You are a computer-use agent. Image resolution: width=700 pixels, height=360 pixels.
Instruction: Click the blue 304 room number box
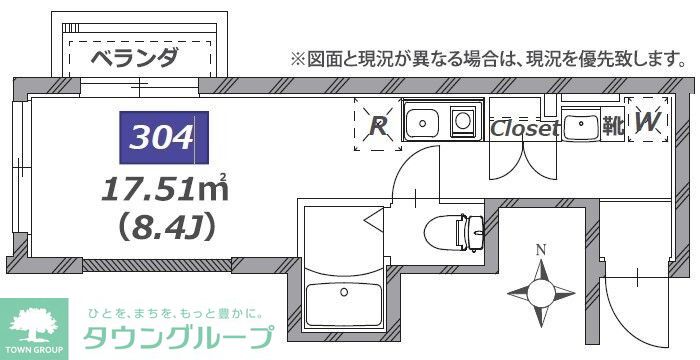point(163,138)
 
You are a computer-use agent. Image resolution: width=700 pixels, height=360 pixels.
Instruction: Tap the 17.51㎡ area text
point(165,187)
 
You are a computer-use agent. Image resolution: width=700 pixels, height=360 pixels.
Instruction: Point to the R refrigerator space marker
point(379,126)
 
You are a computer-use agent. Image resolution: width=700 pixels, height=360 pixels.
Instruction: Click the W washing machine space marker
point(647,123)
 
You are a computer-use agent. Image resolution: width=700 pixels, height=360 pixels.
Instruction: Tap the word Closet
point(524,128)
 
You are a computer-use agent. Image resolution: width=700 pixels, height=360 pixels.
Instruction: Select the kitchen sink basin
point(421,124)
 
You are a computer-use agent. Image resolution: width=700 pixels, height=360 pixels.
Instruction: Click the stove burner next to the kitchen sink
point(463,123)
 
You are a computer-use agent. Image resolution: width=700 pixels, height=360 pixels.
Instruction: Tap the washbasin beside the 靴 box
point(581,127)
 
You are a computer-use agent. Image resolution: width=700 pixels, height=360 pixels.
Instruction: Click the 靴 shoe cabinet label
point(611,127)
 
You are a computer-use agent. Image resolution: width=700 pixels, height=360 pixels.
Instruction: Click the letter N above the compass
point(541,249)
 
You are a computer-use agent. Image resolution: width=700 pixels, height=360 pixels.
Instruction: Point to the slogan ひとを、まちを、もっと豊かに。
point(177,311)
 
